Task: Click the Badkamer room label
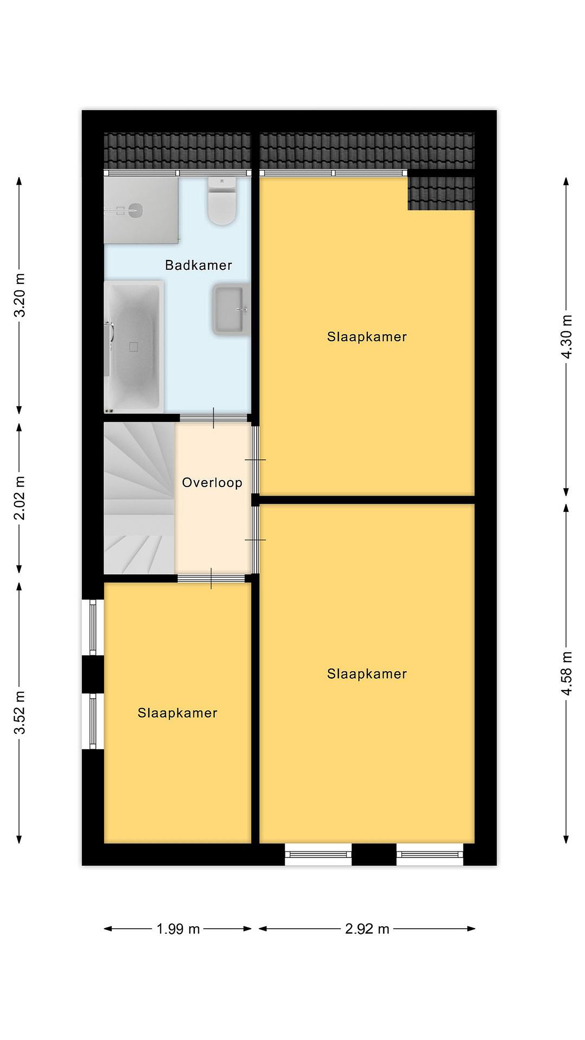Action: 198,265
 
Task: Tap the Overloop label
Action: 212,482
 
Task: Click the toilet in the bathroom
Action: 222,201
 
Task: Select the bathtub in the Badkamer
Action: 134,347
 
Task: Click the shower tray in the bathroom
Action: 141,211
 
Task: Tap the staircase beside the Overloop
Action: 139,498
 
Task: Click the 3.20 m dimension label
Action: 19,295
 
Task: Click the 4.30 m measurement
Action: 567,336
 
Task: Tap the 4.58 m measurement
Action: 567,673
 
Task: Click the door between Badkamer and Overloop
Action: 213,418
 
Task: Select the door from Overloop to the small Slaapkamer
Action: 211,578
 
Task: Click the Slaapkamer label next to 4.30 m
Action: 367,337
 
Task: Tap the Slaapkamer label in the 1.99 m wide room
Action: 177,713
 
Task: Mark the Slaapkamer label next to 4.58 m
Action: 367,674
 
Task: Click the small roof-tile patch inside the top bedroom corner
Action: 441,194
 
